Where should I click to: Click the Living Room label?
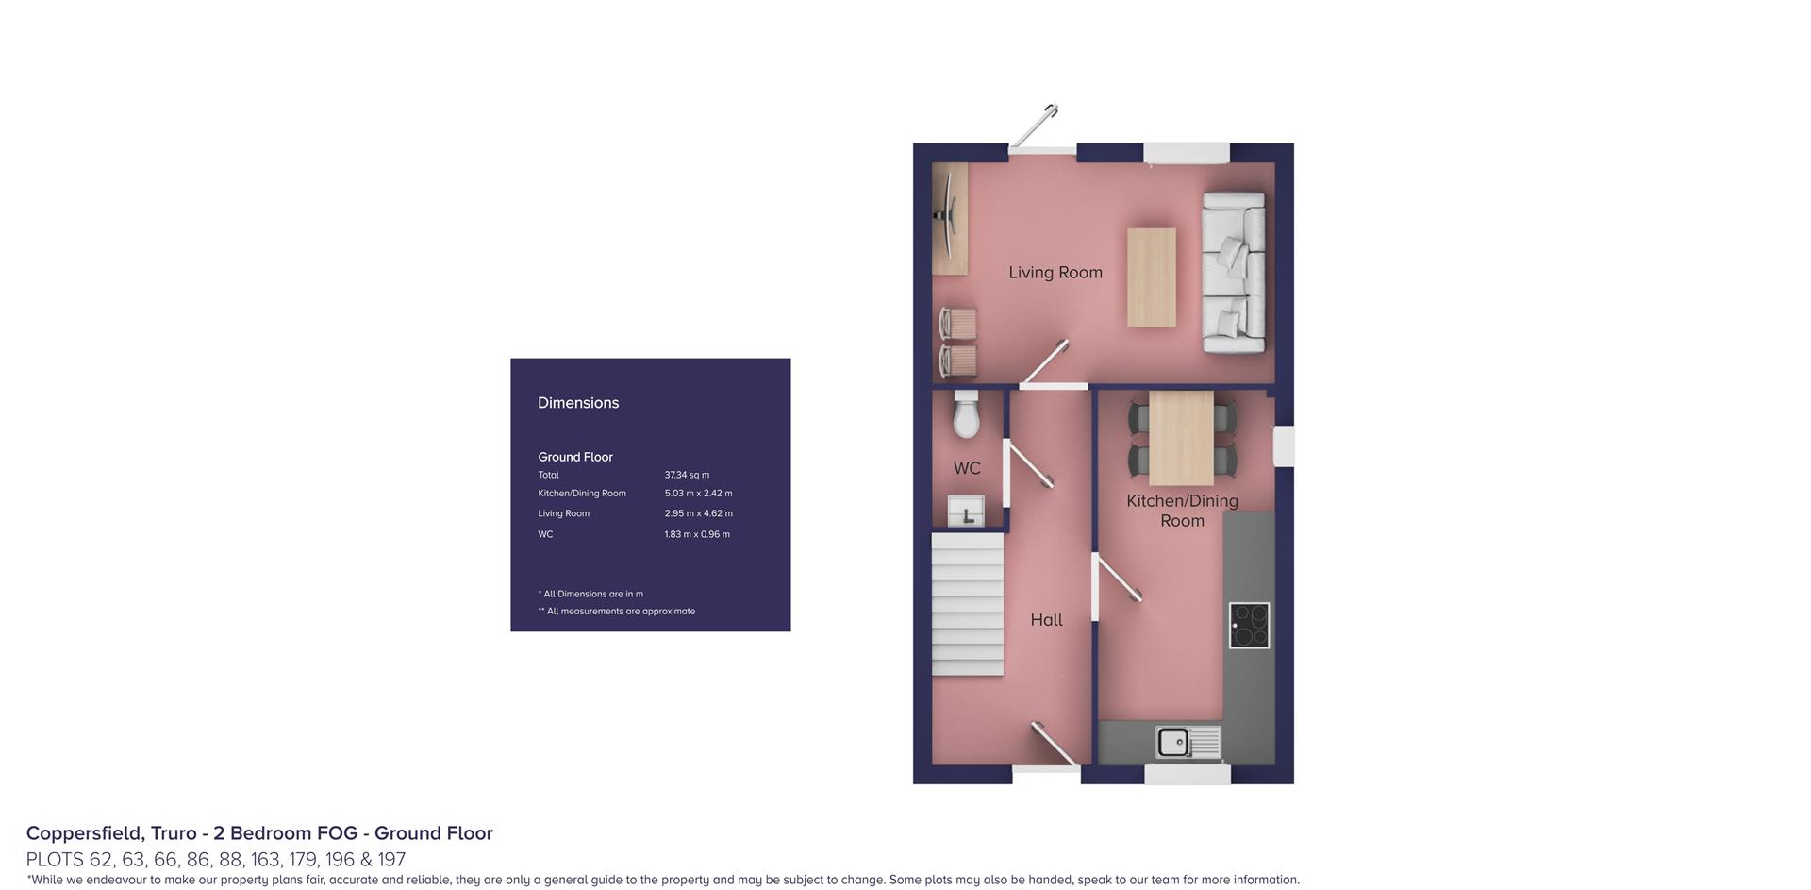pyautogui.click(x=1055, y=273)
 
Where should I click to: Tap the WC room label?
pyautogui.click(x=966, y=468)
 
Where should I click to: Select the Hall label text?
pyautogui.click(x=1046, y=620)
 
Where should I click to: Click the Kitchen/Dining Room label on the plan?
pyautogui.click(x=1182, y=511)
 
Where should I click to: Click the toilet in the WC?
pyautogui.click(x=966, y=415)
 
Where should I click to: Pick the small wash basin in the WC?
pyautogui.click(x=966, y=512)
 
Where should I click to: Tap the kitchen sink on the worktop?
pyautogui.click(x=1174, y=742)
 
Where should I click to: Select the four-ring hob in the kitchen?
pyautogui.click(x=1249, y=625)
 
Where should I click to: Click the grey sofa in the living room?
pyautogui.click(x=1233, y=273)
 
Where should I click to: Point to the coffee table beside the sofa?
pyautogui.click(x=1151, y=277)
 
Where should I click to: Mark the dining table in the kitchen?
pyautogui.click(x=1181, y=438)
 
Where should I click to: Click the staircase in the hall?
pyautogui.click(x=967, y=604)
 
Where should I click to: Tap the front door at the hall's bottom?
pyautogui.click(x=1054, y=745)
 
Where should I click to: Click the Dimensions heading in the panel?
pyautogui.click(x=578, y=403)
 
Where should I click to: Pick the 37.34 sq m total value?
pyautogui.click(x=687, y=476)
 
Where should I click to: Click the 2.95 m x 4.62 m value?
pyautogui.click(x=698, y=514)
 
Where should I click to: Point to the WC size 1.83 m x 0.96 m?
pyautogui.click(x=697, y=535)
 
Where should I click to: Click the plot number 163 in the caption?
pyautogui.click(x=265, y=860)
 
